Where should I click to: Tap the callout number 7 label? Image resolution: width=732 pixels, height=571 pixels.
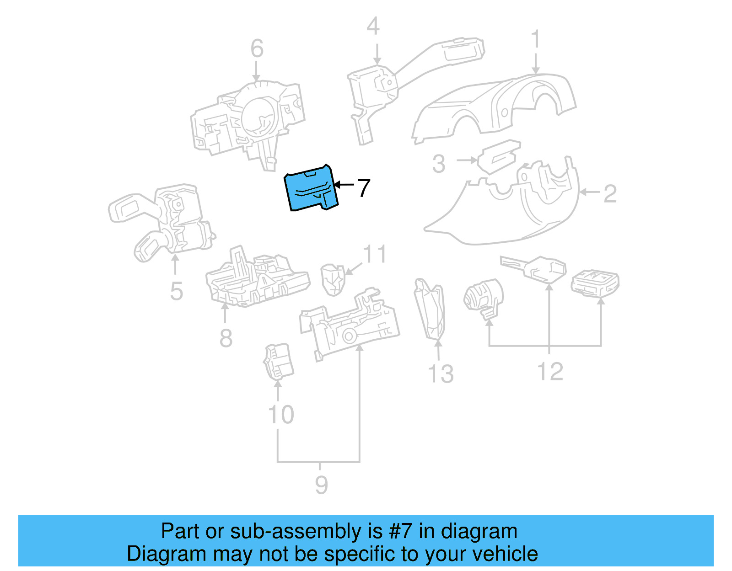(363, 188)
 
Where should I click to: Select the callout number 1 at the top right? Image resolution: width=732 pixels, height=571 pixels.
(535, 40)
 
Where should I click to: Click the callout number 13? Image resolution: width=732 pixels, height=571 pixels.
(441, 374)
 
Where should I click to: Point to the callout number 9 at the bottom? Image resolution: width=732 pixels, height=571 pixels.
(321, 485)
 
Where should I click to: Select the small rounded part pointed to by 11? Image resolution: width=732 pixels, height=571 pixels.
(333, 279)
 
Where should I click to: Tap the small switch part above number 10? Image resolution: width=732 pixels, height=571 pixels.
(279, 361)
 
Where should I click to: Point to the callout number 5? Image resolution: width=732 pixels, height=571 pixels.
(176, 291)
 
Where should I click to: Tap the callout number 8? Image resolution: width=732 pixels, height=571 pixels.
(226, 338)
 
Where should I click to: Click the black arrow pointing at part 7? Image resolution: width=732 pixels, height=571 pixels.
(344, 185)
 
